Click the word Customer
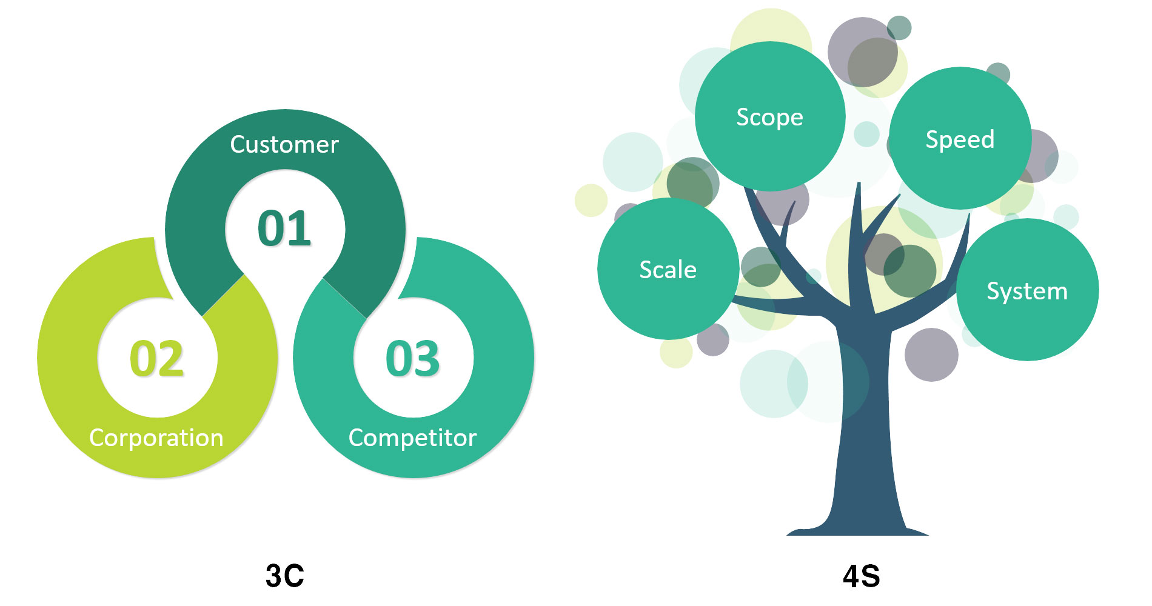tap(284, 145)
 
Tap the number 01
tap(284, 228)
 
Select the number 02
tap(156, 358)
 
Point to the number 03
tap(412, 358)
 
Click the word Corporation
tap(156, 438)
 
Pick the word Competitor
tap(412, 438)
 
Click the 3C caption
tap(284, 576)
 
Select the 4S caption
tap(861, 576)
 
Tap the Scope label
tap(769, 118)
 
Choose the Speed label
tap(960, 140)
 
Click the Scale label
tap(668, 270)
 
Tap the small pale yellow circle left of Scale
tap(591, 200)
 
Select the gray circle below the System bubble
tap(931, 355)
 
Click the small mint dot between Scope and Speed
tap(866, 134)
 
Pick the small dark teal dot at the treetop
tap(899, 28)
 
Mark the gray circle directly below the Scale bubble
tap(713, 339)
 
